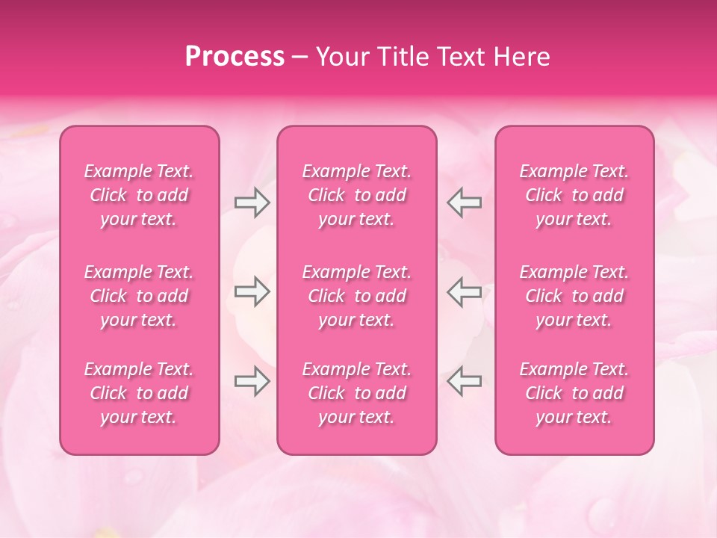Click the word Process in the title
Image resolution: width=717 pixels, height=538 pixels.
point(235,57)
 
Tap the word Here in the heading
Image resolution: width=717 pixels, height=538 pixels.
point(521,57)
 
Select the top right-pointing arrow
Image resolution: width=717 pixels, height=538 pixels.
point(252,202)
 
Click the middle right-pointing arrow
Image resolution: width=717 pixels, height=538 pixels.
point(252,291)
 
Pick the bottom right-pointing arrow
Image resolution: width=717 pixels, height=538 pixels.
point(252,381)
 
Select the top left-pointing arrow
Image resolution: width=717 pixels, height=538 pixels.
point(465,202)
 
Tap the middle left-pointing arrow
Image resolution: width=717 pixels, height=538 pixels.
point(465,291)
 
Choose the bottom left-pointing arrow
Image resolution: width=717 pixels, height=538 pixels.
point(465,381)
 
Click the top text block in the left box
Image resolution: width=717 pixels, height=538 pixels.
point(139,195)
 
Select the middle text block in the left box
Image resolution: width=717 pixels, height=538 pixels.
point(139,296)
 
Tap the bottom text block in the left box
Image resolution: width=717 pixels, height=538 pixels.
point(139,393)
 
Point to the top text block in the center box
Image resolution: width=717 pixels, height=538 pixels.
point(357,195)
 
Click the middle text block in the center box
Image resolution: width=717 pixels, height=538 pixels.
point(357,296)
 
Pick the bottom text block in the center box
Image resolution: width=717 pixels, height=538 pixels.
point(357,393)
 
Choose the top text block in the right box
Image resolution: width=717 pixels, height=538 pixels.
point(574,195)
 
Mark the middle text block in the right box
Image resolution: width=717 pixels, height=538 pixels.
point(574,296)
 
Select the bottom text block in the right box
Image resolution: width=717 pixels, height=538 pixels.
point(574,393)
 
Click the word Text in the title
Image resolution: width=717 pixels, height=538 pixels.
point(461,57)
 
